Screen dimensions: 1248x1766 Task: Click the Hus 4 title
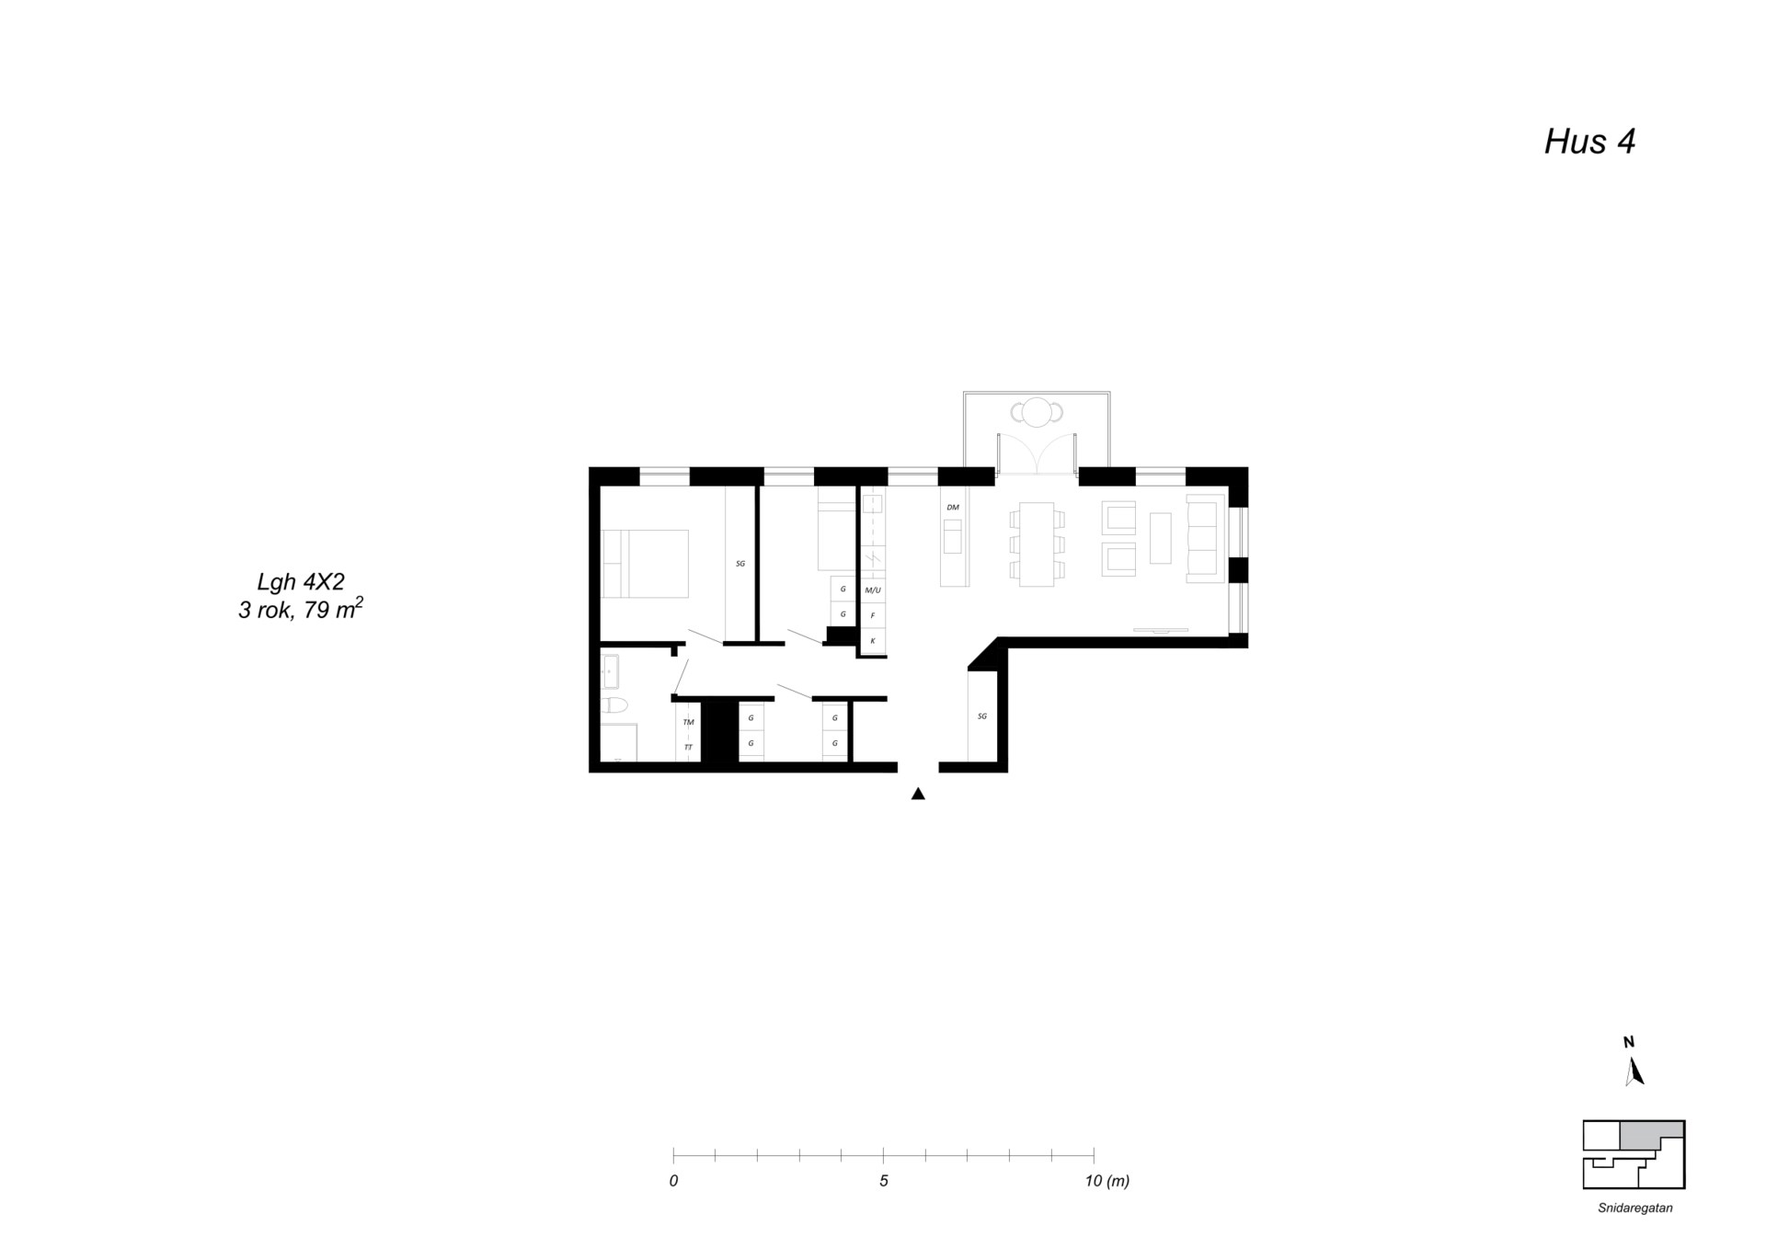point(1588,142)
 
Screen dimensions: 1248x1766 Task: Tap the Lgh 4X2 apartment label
point(300,581)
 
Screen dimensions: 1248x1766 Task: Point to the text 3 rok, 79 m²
point(300,609)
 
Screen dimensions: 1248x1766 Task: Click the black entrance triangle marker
point(917,794)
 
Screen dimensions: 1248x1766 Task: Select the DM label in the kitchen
point(953,508)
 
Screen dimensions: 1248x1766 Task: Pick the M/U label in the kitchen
point(872,590)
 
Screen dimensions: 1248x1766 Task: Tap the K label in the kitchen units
point(872,640)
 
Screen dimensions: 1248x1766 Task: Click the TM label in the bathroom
point(688,723)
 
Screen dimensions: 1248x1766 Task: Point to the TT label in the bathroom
point(688,747)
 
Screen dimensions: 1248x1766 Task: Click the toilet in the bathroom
point(614,705)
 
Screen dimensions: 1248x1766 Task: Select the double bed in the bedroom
point(645,564)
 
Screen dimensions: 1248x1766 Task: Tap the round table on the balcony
point(1037,412)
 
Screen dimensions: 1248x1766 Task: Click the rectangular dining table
point(1037,544)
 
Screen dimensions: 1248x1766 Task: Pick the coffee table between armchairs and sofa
point(1160,538)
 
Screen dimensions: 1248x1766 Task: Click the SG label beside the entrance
point(982,716)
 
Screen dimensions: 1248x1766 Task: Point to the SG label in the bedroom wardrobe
point(740,563)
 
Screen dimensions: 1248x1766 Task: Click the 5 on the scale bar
point(883,1181)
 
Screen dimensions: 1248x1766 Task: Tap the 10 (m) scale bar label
point(1107,1181)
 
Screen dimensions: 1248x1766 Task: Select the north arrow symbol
point(1634,1071)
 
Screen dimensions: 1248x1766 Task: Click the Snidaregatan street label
point(1634,1208)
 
